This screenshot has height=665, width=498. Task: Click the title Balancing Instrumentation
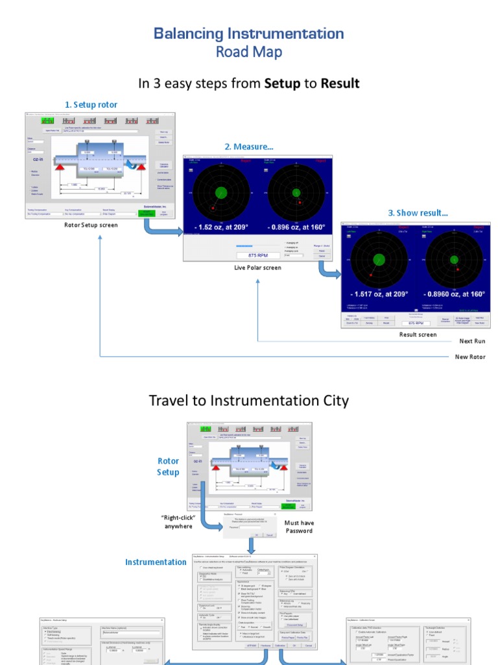click(249, 34)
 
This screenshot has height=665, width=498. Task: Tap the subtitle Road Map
click(249, 53)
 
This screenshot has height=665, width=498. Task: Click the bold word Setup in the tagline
click(282, 84)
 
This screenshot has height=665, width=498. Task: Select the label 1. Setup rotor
click(91, 105)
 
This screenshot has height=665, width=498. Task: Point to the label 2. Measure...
click(249, 147)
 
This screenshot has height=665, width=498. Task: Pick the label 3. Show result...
click(418, 213)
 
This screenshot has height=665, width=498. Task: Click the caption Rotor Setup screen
click(91, 225)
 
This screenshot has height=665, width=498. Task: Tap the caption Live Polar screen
click(257, 268)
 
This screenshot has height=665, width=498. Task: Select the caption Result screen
click(418, 334)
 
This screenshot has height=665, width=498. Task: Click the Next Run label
click(471, 341)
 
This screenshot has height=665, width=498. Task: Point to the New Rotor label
click(469, 357)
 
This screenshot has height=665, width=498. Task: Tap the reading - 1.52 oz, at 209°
click(220, 227)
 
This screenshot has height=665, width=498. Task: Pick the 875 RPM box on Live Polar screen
click(258, 255)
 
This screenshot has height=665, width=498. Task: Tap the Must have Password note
click(298, 527)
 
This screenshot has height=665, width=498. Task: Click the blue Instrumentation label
click(156, 562)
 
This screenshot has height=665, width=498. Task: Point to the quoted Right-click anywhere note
click(178, 521)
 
